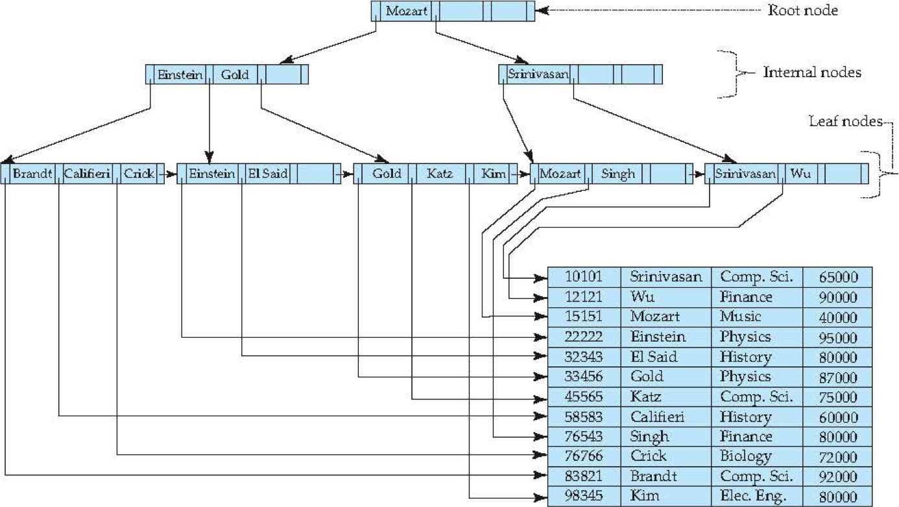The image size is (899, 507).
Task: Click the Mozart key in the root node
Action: [x=406, y=11]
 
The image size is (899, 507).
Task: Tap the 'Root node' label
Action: [x=803, y=10]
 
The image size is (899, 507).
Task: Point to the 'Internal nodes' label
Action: [x=812, y=72]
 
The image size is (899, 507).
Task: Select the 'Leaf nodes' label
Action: [x=846, y=121]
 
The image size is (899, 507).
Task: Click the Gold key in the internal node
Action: [x=235, y=75]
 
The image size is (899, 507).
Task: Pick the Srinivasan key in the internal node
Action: [x=538, y=74]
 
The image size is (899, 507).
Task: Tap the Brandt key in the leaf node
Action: [x=32, y=174]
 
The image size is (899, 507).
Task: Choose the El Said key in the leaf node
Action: [x=268, y=174]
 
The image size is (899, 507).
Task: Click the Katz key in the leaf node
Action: [x=440, y=174]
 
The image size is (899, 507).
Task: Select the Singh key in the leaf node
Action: [x=618, y=174]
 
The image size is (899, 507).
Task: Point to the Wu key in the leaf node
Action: [x=800, y=174]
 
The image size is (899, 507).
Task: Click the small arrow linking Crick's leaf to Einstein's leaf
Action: [x=168, y=174]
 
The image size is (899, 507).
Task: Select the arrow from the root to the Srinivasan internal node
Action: [x=481, y=47]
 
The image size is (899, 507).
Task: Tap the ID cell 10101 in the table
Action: [x=584, y=276]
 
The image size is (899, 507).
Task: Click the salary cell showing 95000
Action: [x=838, y=338]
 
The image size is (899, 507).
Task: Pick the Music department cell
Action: [x=740, y=316]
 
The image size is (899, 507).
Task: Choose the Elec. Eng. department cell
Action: [x=753, y=496]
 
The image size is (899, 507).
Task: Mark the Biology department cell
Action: [x=746, y=456]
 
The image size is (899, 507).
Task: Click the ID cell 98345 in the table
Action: [x=584, y=496]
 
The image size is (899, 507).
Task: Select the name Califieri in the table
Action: [x=657, y=417]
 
